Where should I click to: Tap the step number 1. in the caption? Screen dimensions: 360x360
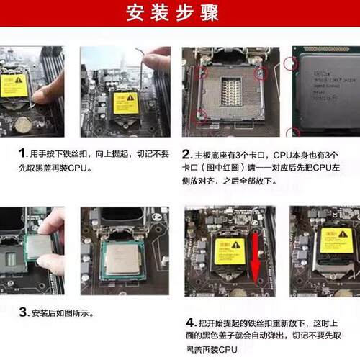[22, 154]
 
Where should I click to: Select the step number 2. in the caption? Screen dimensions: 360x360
[187, 154]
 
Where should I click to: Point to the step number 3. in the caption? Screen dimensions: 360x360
[23, 312]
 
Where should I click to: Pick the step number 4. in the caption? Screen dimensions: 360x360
[191, 321]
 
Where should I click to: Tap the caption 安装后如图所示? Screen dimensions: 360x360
[63, 313]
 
